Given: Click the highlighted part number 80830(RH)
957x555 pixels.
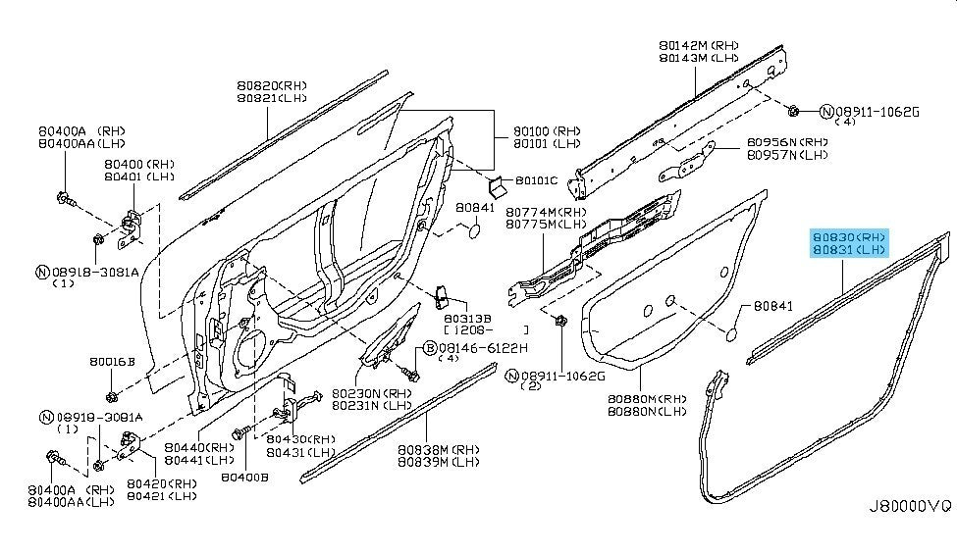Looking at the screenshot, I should [x=849, y=236].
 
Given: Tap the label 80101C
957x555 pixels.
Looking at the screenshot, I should [x=536, y=180].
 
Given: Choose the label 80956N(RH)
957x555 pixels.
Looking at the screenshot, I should [x=786, y=141].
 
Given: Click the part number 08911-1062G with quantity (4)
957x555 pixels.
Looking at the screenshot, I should [x=877, y=112].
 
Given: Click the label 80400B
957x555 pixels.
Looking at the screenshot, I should [x=244, y=478].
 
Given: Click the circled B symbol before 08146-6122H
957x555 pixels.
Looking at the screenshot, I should [x=429, y=347].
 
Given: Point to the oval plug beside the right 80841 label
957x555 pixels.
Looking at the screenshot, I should [x=731, y=336].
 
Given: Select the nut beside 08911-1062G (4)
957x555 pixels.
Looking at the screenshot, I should [x=795, y=108].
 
